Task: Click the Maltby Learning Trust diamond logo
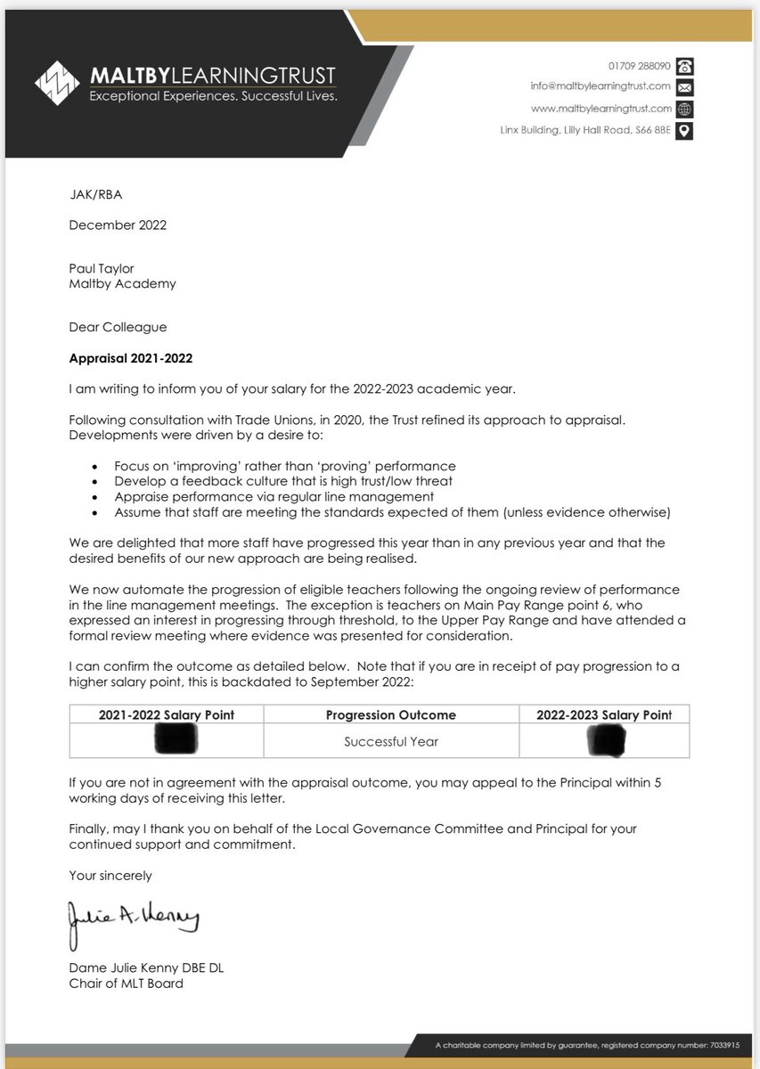click(x=57, y=83)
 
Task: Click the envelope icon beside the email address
click(x=684, y=87)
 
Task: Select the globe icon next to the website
click(x=684, y=109)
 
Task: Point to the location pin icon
click(x=684, y=131)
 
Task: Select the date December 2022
click(x=118, y=225)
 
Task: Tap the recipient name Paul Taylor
click(x=102, y=269)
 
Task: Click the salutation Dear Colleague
click(x=118, y=327)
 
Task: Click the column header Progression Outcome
click(x=390, y=714)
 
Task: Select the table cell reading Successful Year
click(x=390, y=741)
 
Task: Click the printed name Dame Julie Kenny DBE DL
click(x=146, y=968)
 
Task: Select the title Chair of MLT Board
click(x=126, y=983)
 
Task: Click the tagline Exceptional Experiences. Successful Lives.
click(x=213, y=96)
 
